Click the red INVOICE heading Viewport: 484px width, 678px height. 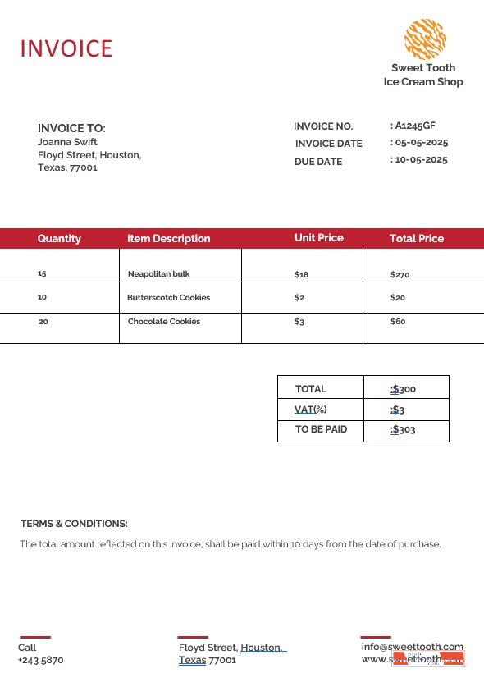click(x=66, y=48)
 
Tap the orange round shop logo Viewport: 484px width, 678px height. click(x=425, y=39)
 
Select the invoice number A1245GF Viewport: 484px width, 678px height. click(x=415, y=126)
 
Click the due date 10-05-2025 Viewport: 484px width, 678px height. click(x=422, y=160)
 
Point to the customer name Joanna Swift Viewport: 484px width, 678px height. click(x=67, y=141)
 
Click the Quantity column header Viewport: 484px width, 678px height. click(x=59, y=239)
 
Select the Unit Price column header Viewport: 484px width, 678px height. click(x=318, y=238)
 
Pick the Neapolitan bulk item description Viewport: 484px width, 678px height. click(x=158, y=274)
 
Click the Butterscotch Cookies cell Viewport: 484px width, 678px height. click(x=168, y=298)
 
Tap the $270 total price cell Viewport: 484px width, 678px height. click(x=400, y=274)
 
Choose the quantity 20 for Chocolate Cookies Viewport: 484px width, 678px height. click(x=43, y=322)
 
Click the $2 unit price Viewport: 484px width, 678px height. click(x=299, y=298)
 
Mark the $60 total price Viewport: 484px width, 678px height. click(x=398, y=322)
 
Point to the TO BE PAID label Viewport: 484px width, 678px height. click(x=321, y=429)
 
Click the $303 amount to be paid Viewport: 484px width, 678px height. click(x=404, y=429)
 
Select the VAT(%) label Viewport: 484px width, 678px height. click(x=310, y=410)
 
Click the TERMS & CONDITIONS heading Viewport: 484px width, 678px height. click(x=74, y=524)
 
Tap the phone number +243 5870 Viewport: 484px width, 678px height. click(x=40, y=660)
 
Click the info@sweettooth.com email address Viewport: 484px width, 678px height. click(x=412, y=647)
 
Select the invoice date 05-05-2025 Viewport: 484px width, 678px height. click(x=422, y=143)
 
